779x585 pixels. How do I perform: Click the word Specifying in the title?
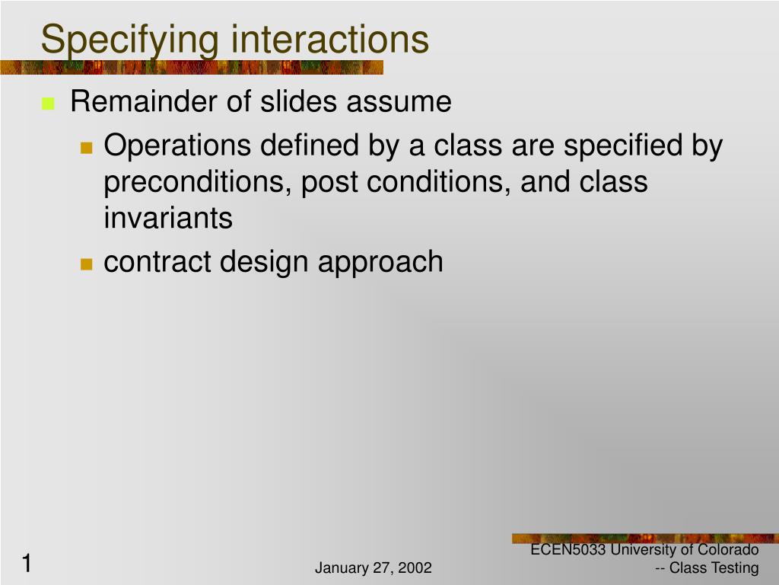[129, 40]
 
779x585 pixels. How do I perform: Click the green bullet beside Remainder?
[48, 104]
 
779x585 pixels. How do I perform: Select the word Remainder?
[144, 101]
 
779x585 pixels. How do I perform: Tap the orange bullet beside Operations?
[87, 148]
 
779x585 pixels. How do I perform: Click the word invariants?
[168, 218]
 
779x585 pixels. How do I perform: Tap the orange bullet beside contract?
[87, 264]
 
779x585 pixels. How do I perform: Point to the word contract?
[157, 262]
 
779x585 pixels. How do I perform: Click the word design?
[264, 263]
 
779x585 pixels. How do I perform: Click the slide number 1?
[27, 564]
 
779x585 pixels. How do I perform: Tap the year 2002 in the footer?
[415, 567]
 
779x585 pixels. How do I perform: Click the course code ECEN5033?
[568, 550]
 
